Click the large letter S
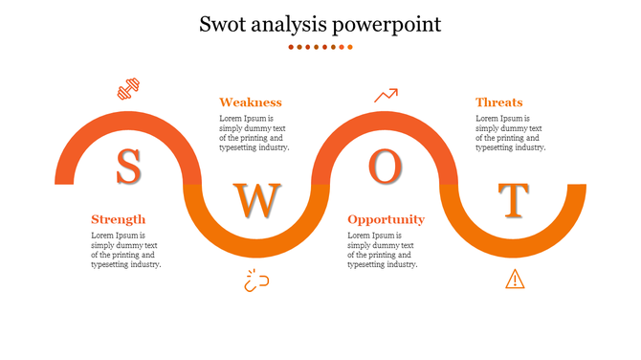pos(128,168)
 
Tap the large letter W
pos(256,200)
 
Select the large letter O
pos(384,168)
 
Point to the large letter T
pos(515,200)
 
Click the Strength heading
pos(118,219)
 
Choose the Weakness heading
pos(251,102)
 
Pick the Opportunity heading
pos(386,219)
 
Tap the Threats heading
pos(499,102)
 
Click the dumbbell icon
pos(128,91)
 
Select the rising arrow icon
pos(386,95)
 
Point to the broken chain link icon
pos(256,281)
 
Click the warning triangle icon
pos(515,279)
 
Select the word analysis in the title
pos(296,24)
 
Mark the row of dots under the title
pos(320,47)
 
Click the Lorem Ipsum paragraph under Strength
pos(125,250)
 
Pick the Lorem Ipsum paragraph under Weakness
pos(254,133)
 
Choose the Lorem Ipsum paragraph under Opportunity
pos(383,250)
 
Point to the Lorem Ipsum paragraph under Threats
pos(511,133)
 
